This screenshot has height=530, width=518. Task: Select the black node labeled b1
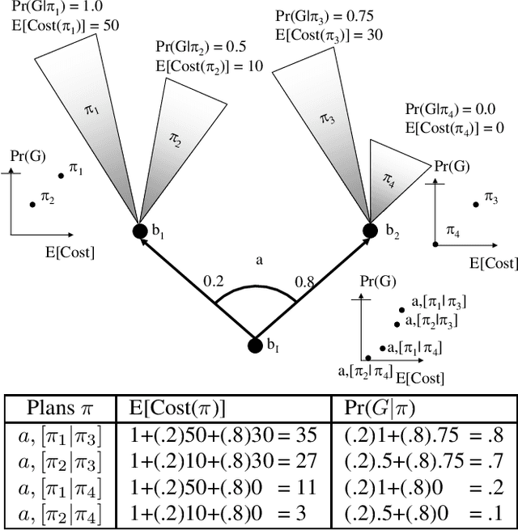(141, 231)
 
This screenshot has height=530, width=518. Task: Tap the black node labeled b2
(370, 231)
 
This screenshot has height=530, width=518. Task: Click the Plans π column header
(59, 407)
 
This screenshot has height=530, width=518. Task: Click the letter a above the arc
(259, 261)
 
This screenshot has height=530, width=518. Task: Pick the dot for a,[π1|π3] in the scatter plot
(401, 307)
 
